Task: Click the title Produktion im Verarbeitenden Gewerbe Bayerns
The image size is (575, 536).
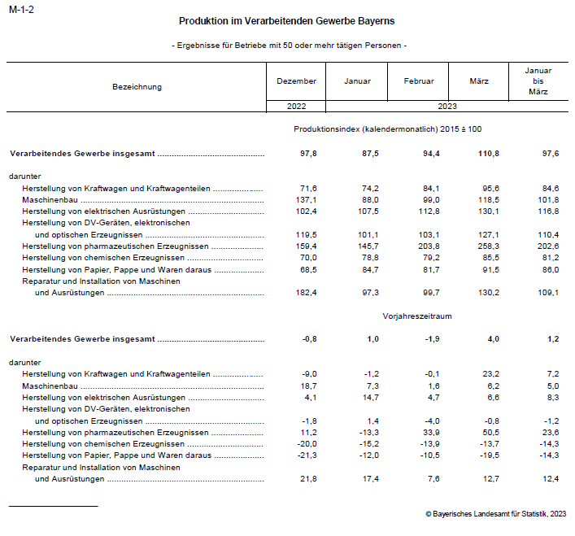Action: pyautogui.click(x=287, y=20)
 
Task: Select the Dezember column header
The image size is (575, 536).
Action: pyautogui.click(x=296, y=81)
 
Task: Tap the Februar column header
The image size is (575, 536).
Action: pyautogui.click(x=419, y=81)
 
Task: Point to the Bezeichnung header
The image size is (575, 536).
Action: pyautogui.click(x=137, y=87)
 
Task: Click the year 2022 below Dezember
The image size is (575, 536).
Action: pyautogui.click(x=296, y=107)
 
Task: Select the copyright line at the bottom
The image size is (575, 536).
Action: pyautogui.click(x=495, y=513)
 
